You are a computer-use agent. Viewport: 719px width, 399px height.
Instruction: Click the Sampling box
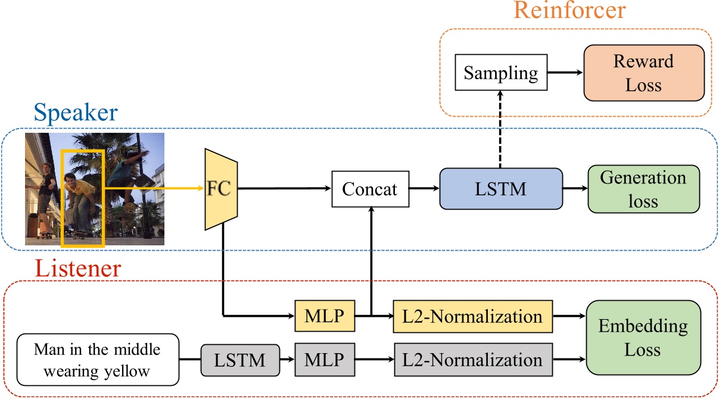coord(500,73)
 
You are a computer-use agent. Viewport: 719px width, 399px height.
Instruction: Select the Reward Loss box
coord(644,73)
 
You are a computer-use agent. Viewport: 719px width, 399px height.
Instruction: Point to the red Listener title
coord(77,269)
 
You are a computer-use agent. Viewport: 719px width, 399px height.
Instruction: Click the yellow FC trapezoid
coord(221,189)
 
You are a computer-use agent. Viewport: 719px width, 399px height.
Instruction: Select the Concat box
coord(369,189)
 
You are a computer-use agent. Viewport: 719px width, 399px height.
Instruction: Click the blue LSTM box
coord(500,189)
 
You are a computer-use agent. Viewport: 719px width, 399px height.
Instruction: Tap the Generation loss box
coord(643,189)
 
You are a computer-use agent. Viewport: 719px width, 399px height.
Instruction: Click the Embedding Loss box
coord(643,337)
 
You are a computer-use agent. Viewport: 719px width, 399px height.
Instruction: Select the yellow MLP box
coord(324,316)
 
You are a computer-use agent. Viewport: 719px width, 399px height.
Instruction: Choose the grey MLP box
coord(324,360)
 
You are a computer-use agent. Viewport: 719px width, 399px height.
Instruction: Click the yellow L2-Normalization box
coord(473,316)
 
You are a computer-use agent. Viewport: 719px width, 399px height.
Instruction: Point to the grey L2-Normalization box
coord(473,360)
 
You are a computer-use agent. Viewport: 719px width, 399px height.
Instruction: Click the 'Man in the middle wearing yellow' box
coord(97,360)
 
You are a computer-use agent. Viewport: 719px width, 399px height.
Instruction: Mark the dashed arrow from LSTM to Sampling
coord(500,129)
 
